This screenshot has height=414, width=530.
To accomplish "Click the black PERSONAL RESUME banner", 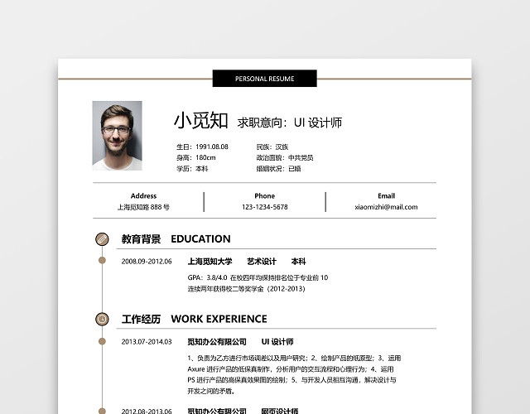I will coord(264,79).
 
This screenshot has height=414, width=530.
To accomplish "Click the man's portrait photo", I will coord(117,135).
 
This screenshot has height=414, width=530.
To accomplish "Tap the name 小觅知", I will coord(200,121).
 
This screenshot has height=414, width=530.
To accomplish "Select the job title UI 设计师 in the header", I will coord(325,123).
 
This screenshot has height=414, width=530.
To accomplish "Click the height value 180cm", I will coord(205,157).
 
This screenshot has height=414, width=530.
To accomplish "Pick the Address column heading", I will coord(143,196).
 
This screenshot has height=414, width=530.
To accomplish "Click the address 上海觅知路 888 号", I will coord(143,207).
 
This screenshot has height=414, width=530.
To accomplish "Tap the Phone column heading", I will coord(264,196).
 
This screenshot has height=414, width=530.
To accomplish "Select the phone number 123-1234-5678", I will coord(264,207).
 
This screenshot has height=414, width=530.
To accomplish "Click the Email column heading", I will coord(386,196).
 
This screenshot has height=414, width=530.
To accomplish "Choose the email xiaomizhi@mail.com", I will coord(386,207).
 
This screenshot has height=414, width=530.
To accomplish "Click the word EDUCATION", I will coord(200,239).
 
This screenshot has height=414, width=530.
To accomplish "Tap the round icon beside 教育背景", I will coord(102,239).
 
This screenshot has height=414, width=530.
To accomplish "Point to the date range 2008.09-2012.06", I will coord(147,262).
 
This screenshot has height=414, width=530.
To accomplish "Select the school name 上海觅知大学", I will coord(210,262).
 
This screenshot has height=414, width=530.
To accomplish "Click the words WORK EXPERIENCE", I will coord(219,319).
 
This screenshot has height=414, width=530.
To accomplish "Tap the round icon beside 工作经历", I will coord(102,319).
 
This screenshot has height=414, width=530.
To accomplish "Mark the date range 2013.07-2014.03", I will coord(147,341).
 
